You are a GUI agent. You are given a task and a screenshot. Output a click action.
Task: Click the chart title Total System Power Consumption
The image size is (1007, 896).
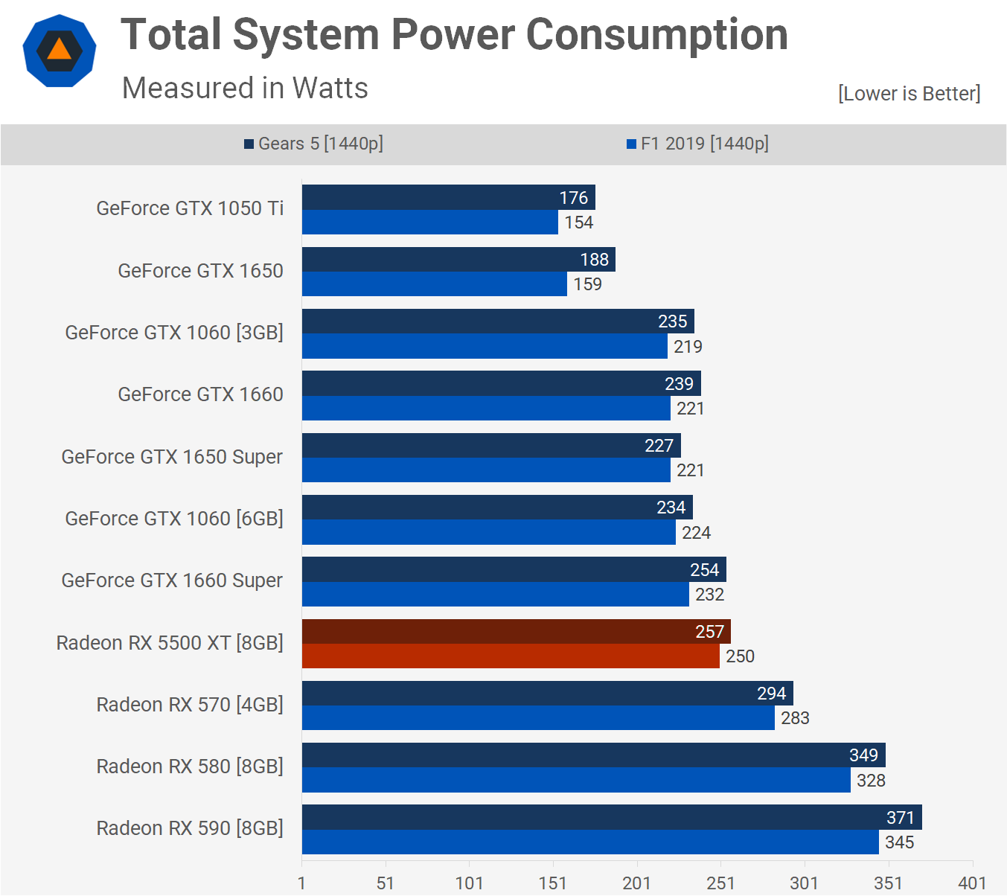click(x=454, y=35)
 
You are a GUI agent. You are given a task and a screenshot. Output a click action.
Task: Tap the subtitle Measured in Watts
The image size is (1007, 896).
click(x=245, y=88)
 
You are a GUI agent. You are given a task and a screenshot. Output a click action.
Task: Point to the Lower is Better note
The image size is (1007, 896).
click(x=909, y=94)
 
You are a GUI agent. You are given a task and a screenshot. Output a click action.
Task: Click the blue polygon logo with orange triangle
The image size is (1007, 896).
click(x=60, y=51)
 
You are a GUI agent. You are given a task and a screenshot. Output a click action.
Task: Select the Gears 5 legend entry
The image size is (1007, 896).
click(x=313, y=144)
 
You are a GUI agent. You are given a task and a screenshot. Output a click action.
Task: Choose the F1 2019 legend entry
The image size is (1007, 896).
click(x=697, y=144)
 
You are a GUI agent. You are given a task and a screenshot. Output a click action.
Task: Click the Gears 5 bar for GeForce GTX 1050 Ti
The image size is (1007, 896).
click(x=432, y=197)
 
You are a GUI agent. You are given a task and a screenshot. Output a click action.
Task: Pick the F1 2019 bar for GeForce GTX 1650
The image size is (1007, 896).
click(x=434, y=284)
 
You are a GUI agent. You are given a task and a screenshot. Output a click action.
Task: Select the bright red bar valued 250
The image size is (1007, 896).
click(x=511, y=656)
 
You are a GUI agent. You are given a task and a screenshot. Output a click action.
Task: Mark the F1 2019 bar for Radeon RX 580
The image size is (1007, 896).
click(x=576, y=780)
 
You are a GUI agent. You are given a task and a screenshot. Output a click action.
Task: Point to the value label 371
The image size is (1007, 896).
click(x=900, y=818)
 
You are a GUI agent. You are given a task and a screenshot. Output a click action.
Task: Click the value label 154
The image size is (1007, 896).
click(x=578, y=223)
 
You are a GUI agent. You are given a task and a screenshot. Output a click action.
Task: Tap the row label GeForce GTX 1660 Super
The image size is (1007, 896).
click(x=172, y=580)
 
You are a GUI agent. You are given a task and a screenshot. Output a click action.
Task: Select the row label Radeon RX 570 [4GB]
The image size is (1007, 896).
click(x=190, y=704)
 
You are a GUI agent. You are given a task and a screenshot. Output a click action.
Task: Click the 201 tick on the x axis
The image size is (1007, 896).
click(x=636, y=883)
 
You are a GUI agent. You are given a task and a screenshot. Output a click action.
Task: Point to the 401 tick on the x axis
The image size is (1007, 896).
click(x=972, y=883)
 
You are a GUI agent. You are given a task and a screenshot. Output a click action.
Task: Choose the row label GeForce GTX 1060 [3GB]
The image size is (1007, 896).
click(x=174, y=333)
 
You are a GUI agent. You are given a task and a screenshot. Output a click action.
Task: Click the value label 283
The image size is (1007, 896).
click(x=795, y=718)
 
